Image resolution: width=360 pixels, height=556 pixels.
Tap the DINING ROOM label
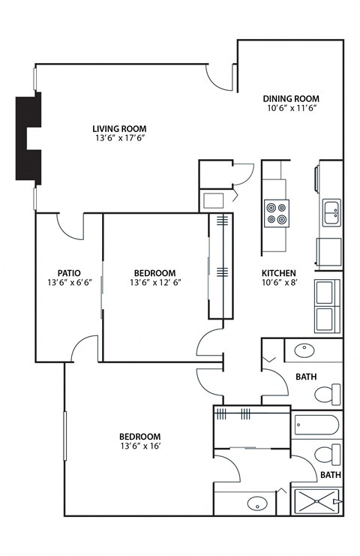point(291,98)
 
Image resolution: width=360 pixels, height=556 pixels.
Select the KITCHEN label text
point(278,273)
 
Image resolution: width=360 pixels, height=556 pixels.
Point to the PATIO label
point(69,273)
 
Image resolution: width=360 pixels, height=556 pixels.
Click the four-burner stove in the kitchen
point(276,212)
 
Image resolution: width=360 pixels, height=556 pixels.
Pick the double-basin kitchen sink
point(331,213)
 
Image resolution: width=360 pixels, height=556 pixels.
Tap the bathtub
point(316,425)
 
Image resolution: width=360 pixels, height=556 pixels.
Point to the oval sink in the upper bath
point(305,350)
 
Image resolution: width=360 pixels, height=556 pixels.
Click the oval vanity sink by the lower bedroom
point(257,503)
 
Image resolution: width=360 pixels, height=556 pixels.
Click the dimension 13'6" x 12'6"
point(155,283)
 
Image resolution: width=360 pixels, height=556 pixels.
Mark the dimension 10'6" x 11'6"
point(291,109)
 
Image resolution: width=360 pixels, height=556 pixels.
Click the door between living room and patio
point(71,226)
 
